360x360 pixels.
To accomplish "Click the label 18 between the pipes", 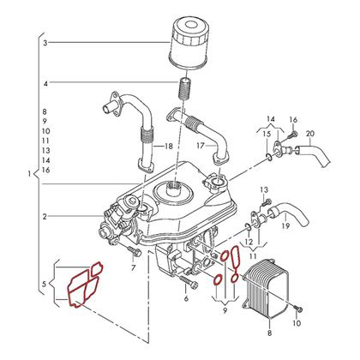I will (x=168, y=146).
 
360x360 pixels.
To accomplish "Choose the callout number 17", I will (x=198, y=146).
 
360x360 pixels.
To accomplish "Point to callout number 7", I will (x=133, y=268).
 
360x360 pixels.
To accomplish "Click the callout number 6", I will (x=186, y=300).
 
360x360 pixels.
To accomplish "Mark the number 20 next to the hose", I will (x=310, y=134).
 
